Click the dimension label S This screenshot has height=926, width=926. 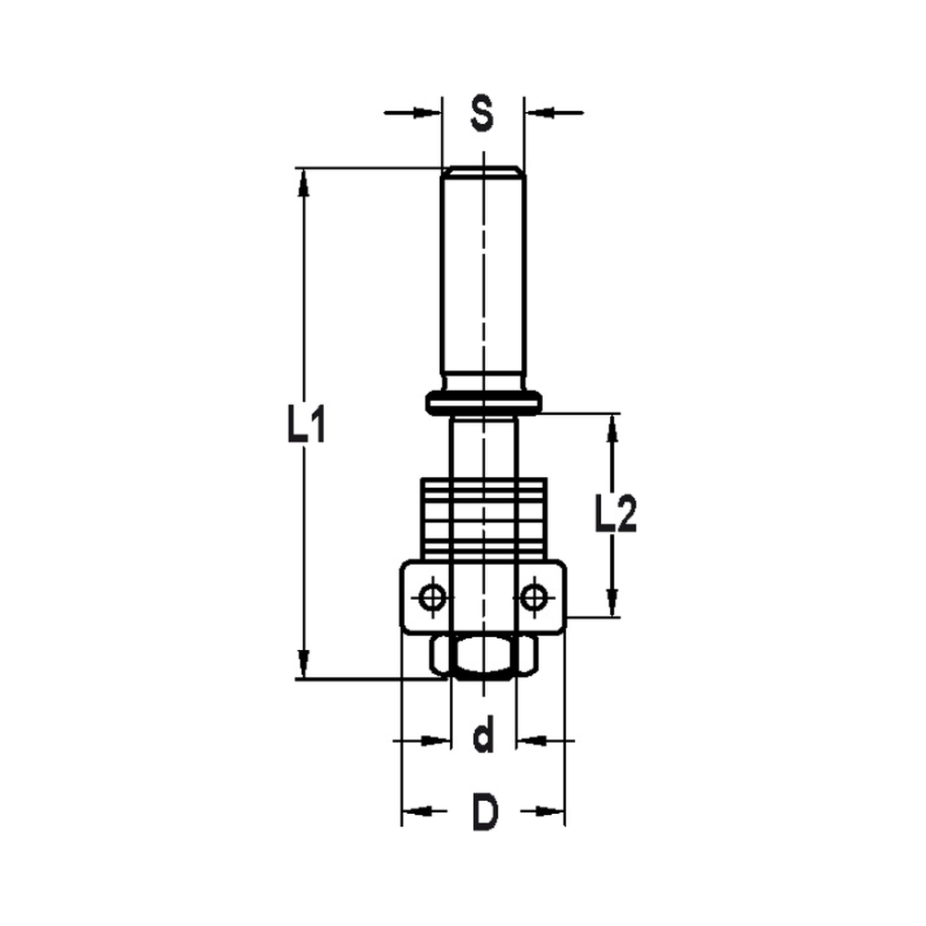click(x=482, y=113)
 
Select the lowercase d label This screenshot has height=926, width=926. click(x=482, y=739)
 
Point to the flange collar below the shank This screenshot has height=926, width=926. click(x=483, y=402)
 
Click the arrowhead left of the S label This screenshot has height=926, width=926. click(x=428, y=113)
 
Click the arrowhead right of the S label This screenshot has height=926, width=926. click(x=538, y=113)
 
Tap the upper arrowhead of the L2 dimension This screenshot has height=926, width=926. click(x=612, y=428)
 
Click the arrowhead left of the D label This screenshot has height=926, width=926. click(x=415, y=812)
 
